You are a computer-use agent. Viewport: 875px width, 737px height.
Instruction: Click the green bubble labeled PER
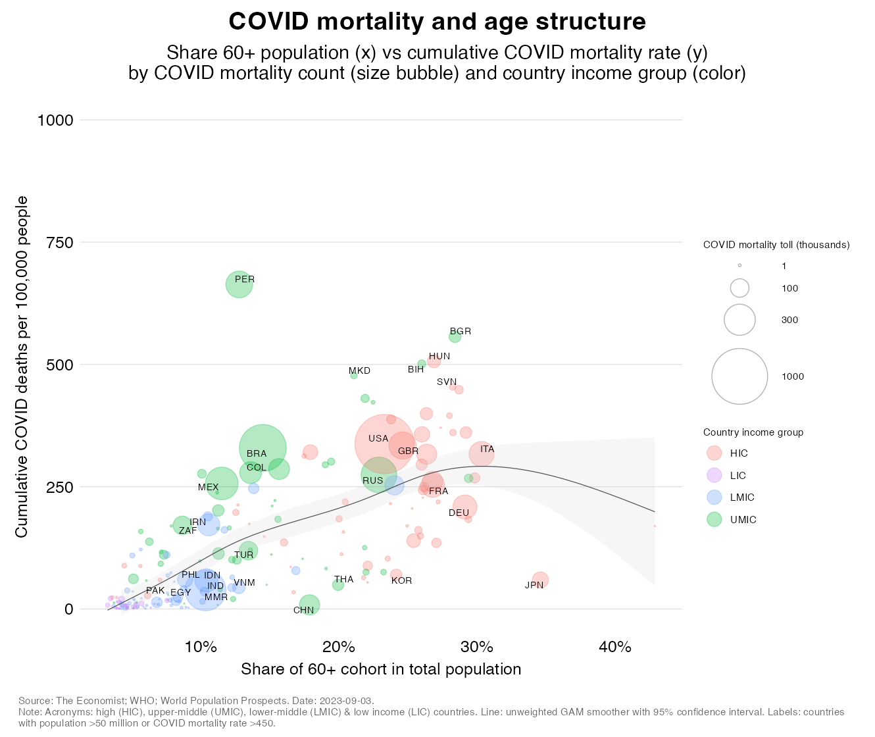[239, 284]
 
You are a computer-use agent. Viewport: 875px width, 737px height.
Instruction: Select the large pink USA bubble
[384, 444]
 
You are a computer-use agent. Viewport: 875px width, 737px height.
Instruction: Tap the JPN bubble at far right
[540, 580]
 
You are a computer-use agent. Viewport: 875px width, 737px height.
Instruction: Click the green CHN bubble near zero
[309, 604]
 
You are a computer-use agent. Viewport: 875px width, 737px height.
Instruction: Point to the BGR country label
[461, 331]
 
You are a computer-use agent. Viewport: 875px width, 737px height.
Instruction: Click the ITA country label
[487, 449]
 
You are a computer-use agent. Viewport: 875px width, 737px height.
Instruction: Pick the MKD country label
[359, 370]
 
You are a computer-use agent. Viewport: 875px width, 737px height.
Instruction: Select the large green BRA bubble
[262, 448]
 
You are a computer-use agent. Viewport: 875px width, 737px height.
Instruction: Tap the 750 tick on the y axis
[59, 242]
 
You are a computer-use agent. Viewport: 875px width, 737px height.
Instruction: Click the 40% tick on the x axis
[615, 647]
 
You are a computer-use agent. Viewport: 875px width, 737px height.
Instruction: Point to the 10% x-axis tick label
[201, 647]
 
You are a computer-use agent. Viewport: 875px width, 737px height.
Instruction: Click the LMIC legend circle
[714, 497]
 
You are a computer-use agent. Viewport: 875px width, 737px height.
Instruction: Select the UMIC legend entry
[743, 520]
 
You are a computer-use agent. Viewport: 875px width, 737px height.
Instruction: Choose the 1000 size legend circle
[739, 376]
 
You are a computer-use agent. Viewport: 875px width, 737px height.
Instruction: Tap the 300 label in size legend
[789, 320]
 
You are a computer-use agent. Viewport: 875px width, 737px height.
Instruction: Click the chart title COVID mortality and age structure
[437, 22]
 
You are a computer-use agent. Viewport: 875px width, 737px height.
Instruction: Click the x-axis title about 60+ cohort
[381, 669]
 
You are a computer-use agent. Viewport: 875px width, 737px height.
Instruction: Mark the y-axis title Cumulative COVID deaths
[22, 367]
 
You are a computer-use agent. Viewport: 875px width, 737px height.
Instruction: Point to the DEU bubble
[464, 507]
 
